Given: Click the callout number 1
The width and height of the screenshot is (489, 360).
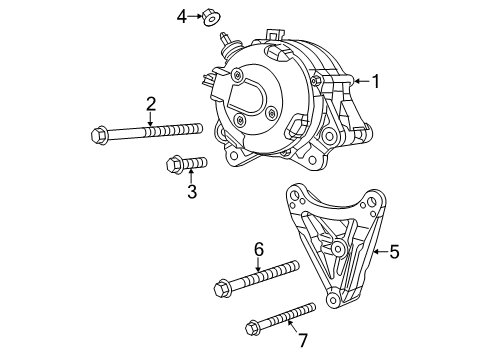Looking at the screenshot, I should tap(376, 82).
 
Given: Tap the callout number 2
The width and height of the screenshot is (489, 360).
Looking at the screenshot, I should tap(151, 103).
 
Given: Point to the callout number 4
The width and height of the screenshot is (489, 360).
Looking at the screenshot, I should tap(182, 15).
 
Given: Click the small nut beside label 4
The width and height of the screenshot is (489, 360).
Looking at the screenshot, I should tap(210, 16).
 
